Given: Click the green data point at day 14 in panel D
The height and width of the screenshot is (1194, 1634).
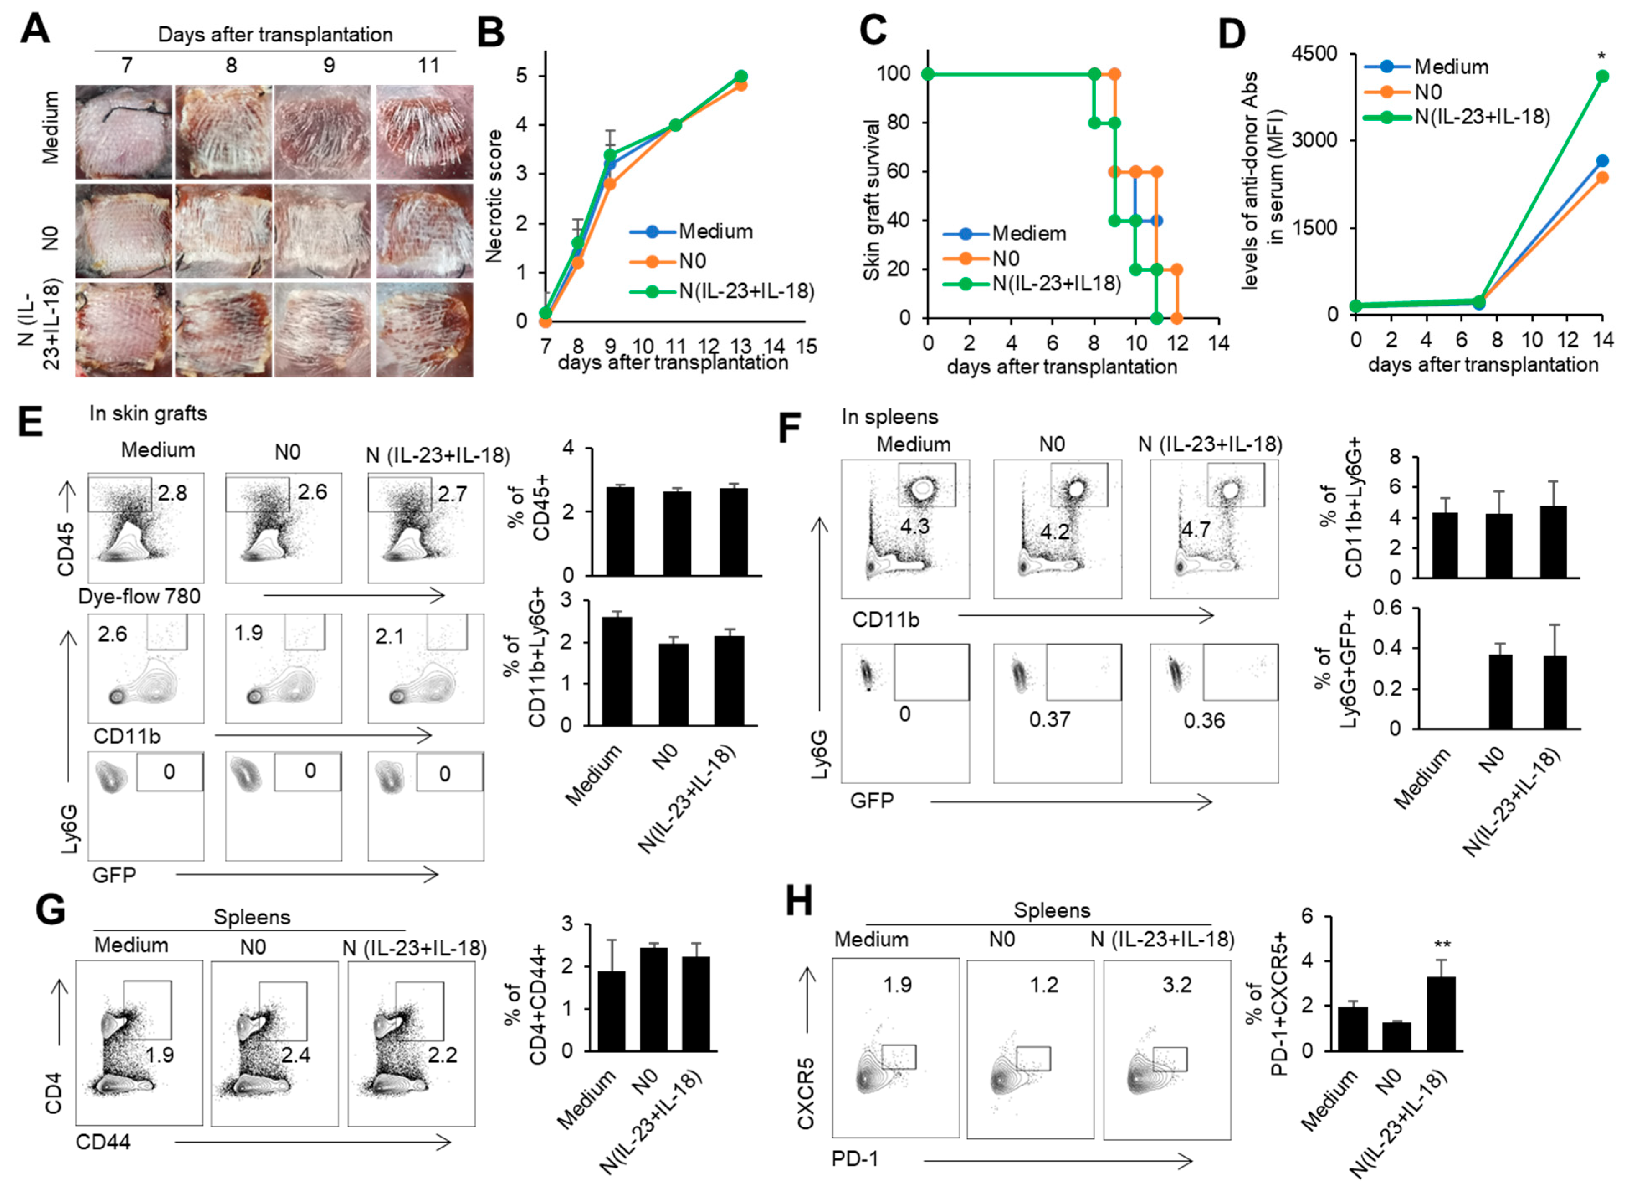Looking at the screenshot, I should pyautogui.click(x=1601, y=76).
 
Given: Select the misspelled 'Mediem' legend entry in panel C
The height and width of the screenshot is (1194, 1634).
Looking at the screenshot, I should pyautogui.click(x=1029, y=234).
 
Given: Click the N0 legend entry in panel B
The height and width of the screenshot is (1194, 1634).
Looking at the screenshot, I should pyautogui.click(x=692, y=261).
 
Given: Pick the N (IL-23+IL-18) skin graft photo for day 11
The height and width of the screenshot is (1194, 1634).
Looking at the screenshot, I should pyautogui.click(x=424, y=330).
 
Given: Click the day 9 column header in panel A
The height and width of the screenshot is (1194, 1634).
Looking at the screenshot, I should pyautogui.click(x=329, y=66).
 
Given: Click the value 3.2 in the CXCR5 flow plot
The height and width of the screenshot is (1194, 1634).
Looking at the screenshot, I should pyautogui.click(x=1177, y=985).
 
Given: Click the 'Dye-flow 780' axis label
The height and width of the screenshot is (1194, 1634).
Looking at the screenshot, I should pyautogui.click(x=139, y=597).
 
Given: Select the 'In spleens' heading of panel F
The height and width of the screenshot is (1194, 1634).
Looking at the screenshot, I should pyautogui.click(x=889, y=417).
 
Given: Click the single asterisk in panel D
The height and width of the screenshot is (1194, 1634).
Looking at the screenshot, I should pyautogui.click(x=1601, y=56).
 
